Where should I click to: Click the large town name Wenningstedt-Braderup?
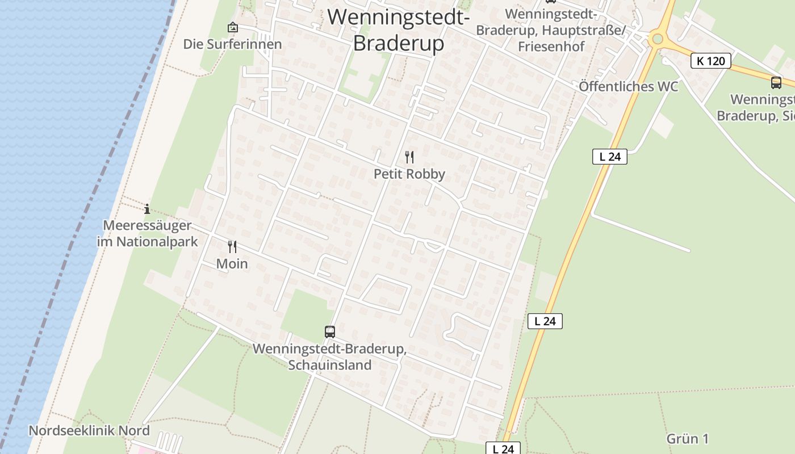click(x=398, y=30)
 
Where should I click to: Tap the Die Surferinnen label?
click(x=232, y=44)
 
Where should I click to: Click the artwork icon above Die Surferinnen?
click(x=232, y=27)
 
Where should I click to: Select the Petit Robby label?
click(x=409, y=174)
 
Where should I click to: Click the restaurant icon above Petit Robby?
click(x=409, y=157)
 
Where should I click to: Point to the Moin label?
click(x=232, y=264)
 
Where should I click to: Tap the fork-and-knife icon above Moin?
click(x=232, y=246)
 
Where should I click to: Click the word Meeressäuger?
click(x=147, y=226)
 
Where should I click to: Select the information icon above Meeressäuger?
click(x=147, y=209)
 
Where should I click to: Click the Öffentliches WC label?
click(x=628, y=87)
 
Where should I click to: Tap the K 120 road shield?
click(x=710, y=61)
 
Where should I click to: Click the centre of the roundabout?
click(x=658, y=39)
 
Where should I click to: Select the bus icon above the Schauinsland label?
click(x=329, y=331)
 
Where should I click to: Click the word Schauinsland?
click(x=329, y=365)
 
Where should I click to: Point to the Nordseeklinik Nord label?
click(x=89, y=431)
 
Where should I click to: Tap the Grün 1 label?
click(x=687, y=439)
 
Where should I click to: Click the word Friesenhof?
click(x=551, y=47)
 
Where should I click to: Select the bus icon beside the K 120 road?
click(x=776, y=82)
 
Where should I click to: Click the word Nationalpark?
click(x=157, y=242)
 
